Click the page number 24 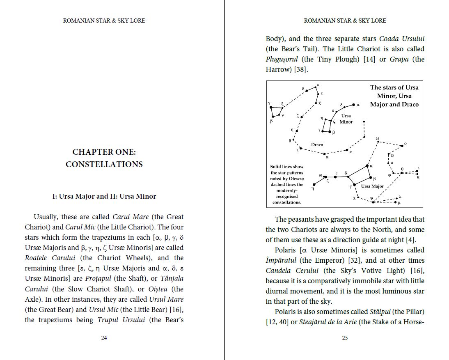[x=104, y=338]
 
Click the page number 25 [x=345, y=338]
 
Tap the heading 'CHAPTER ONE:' [x=104, y=152]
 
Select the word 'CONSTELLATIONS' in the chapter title [x=104, y=164]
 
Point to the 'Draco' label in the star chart [x=317, y=144]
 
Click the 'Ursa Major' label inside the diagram [x=372, y=186]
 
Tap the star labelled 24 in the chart [x=378, y=142]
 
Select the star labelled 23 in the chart [x=388, y=155]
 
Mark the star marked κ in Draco [x=347, y=150]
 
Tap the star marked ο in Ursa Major [x=402, y=145]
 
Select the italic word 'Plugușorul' [x=282, y=59]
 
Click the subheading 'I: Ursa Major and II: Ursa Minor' [x=104, y=196]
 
